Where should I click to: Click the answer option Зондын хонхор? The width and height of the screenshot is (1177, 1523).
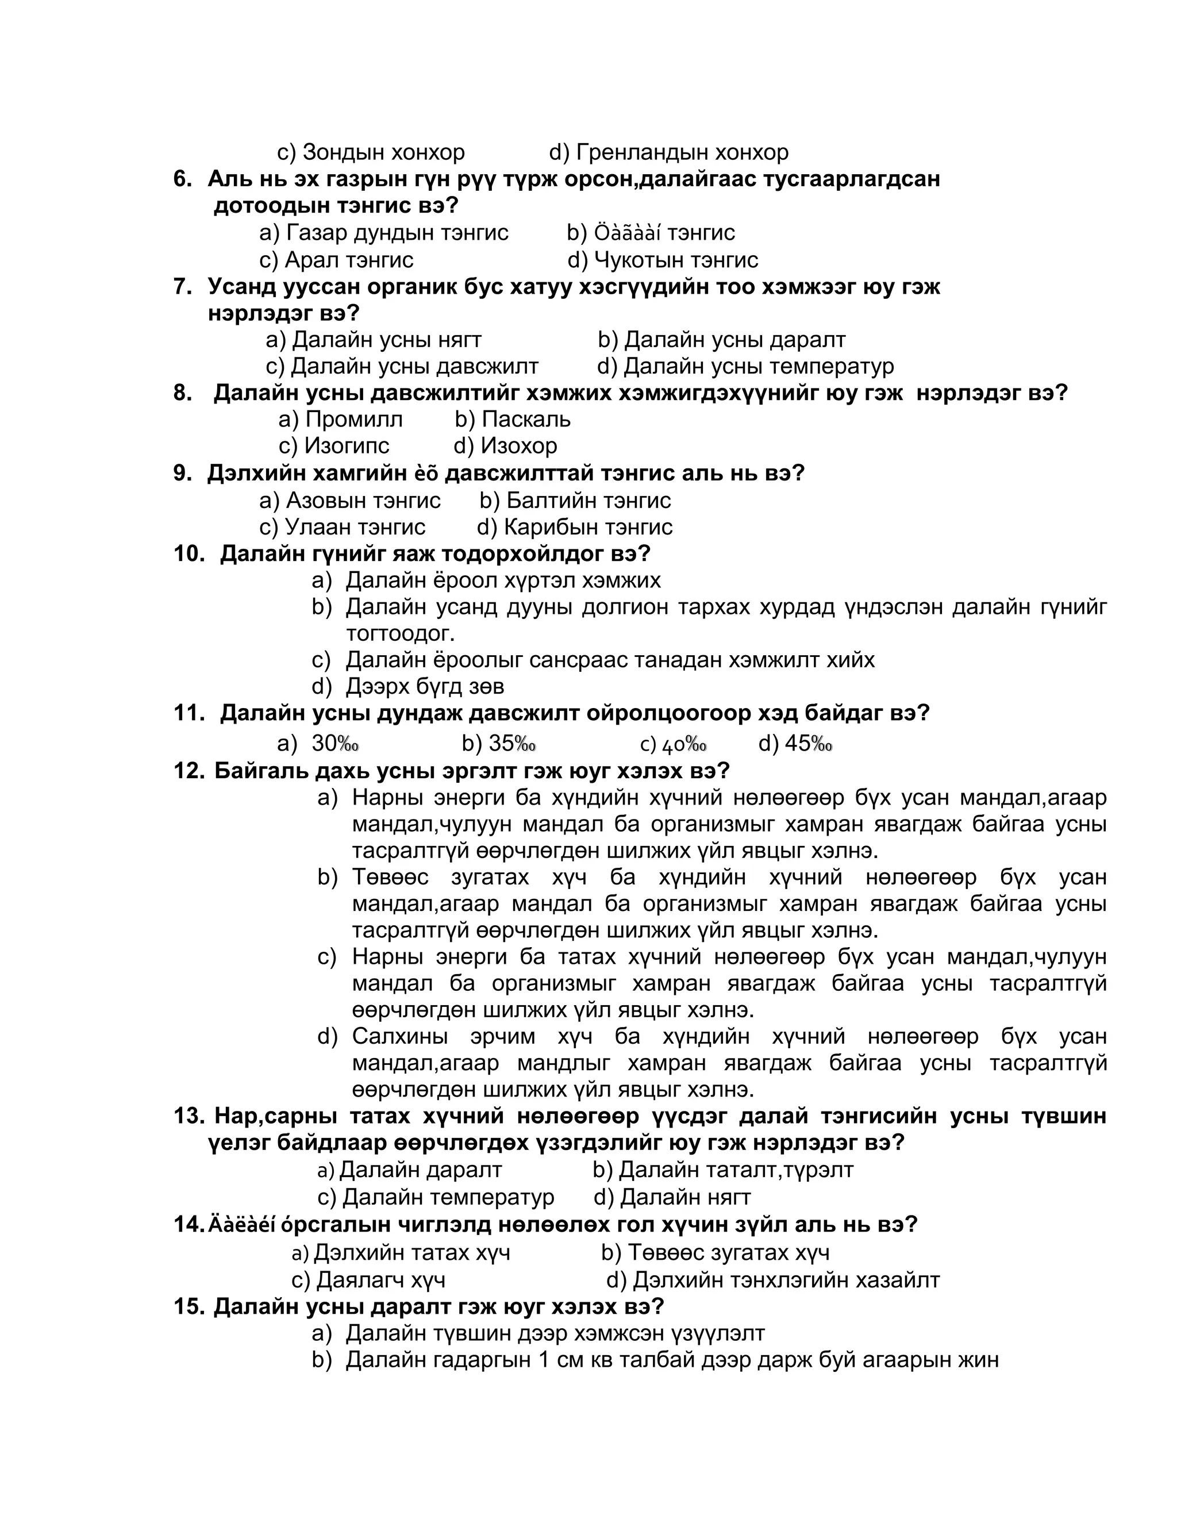pos(383,152)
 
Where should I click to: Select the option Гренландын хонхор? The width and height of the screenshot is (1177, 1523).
pos(682,152)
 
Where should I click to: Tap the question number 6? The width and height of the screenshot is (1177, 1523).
pos(183,179)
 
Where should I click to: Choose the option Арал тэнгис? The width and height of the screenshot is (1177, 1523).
pos(349,260)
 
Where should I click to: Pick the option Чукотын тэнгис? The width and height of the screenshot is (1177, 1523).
pos(675,260)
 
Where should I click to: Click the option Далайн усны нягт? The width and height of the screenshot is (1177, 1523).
pos(386,340)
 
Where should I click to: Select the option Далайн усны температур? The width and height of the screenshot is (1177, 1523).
pos(758,366)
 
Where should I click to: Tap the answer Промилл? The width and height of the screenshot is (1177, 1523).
pos(353,419)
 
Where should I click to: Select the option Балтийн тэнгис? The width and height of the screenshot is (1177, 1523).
pos(588,500)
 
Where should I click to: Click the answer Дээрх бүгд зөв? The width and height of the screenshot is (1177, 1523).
pos(425,687)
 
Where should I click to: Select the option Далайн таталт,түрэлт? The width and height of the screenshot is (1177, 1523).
pos(736,1170)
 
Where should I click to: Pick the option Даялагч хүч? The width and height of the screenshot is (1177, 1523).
pos(380,1280)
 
